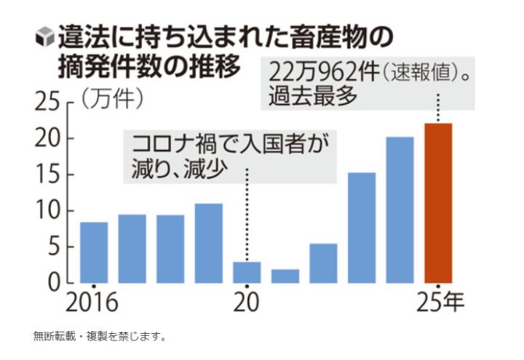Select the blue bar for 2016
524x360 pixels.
(x=94, y=252)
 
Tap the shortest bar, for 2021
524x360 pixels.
(x=285, y=276)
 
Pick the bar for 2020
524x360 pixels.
(x=247, y=272)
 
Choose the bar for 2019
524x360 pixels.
(x=209, y=243)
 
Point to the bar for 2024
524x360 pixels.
(x=400, y=209)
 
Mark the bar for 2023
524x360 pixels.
(x=361, y=227)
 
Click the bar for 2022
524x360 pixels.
(x=323, y=263)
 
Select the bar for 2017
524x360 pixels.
(x=132, y=248)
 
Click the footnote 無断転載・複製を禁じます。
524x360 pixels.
(x=100, y=336)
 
